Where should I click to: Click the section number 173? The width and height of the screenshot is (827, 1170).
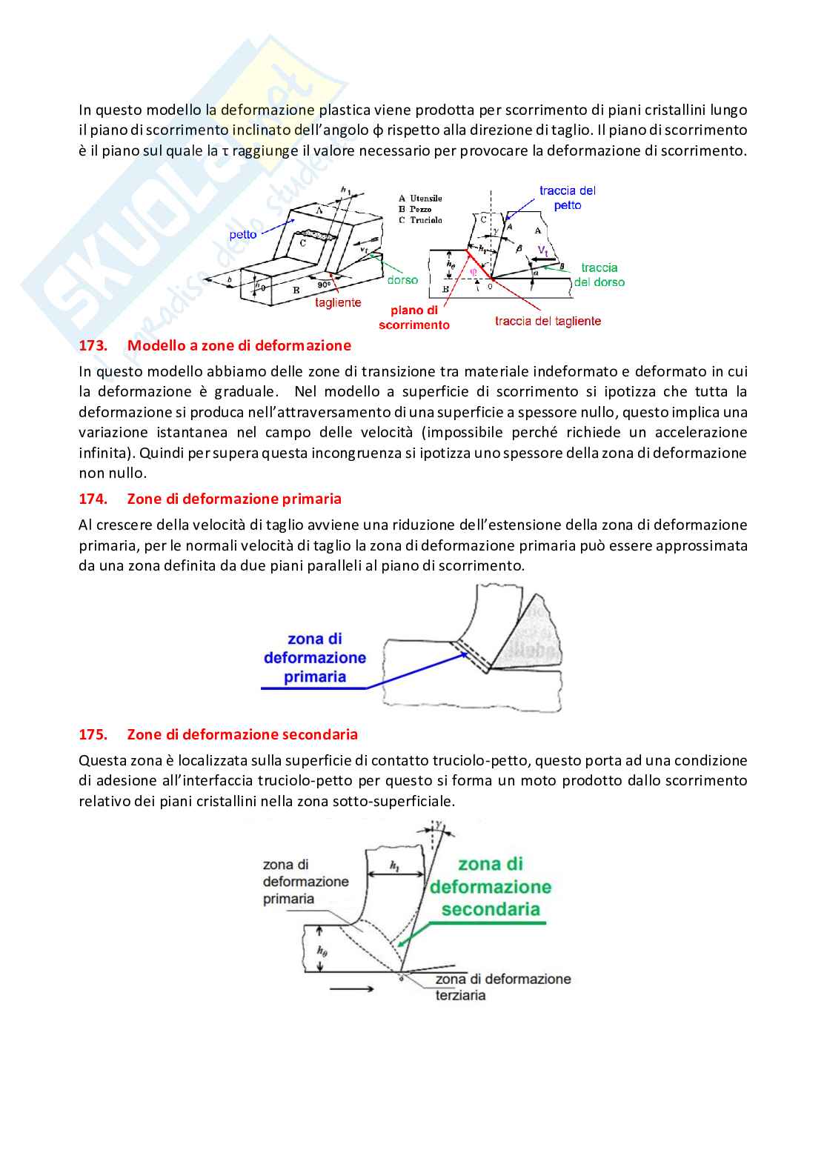[x=93, y=345]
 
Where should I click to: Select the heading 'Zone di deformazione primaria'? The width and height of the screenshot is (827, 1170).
[x=234, y=499]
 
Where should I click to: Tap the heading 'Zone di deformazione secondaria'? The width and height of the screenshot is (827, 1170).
[x=242, y=734]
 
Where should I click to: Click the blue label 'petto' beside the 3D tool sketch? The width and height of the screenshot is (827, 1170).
[x=243, y=234]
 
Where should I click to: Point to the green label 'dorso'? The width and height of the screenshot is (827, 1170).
[x=402, y=280]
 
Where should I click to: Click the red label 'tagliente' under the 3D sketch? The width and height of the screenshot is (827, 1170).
[x=338, y=302]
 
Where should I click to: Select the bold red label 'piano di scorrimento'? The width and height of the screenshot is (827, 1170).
[x=414, y=318]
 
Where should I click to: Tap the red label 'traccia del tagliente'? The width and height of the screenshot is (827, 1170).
[x=548, y=321]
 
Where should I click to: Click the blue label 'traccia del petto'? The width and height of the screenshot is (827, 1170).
[x=568, y=198]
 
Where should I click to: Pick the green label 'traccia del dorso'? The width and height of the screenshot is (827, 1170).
[x=600, y=275]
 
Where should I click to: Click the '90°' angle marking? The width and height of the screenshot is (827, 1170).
[x=324, y=285]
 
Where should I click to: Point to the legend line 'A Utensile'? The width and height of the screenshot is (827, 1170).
[x=420, y=198]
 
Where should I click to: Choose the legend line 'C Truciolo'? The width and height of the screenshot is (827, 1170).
[x=420, y=220]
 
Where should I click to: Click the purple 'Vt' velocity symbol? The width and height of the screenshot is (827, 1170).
[x=543, y=250]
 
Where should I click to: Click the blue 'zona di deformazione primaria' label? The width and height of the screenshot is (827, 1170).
[x=315, y=657]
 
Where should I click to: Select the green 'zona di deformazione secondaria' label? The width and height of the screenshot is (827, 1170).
[x=491, y=886]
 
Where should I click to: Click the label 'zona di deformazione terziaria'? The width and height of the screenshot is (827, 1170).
[x=502, y=986]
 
